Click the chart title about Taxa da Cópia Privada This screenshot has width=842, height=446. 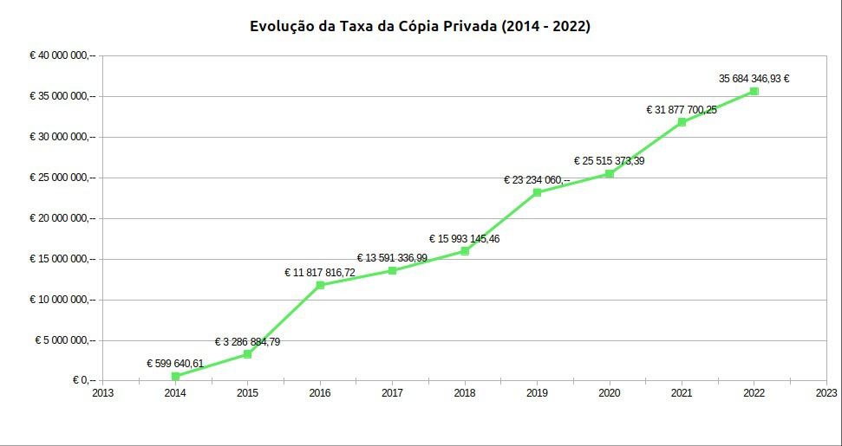[420, 26]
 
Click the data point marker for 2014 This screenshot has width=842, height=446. [175, 376]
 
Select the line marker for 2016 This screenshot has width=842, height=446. [320, 285]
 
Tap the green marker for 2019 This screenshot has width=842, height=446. [537, 192]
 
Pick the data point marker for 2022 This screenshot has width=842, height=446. [754, 91]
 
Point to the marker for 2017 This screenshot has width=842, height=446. [392, 270]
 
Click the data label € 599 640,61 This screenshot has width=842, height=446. [175, 363]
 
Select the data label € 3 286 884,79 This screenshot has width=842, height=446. [247, 341]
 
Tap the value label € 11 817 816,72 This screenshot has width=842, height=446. [320, 272]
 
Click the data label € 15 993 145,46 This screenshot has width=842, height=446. [464, 238]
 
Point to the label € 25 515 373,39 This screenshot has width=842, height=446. [609, 160]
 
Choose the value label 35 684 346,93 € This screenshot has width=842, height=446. [754, 78]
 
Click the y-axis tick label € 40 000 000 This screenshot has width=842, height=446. [62, 55]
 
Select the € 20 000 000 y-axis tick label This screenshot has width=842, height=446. [62, 218]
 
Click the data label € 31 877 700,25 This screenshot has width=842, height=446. [682, 109]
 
